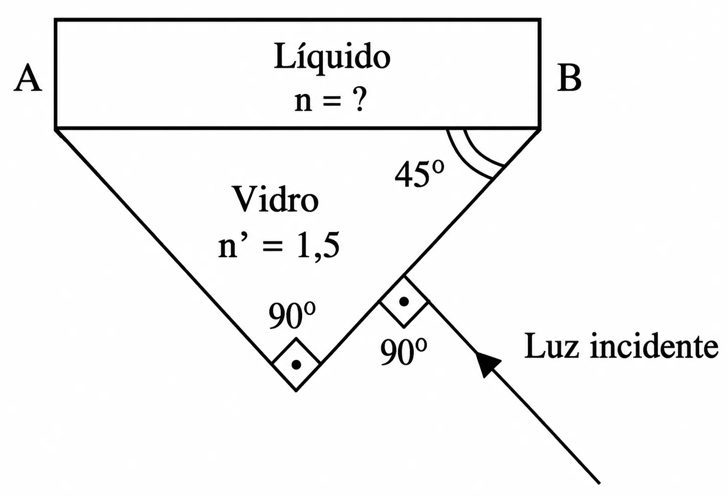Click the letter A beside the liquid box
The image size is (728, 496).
28,78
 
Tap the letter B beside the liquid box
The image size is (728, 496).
569,78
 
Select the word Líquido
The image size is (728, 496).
332,57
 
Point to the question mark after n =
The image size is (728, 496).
360,99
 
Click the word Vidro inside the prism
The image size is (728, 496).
276,199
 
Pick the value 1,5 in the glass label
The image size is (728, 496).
318,245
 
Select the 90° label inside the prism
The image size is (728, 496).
292,315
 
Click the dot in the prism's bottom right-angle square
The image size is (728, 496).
296,365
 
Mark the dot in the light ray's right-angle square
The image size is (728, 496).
404,301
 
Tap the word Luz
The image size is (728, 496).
552,346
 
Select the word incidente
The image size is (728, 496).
654,346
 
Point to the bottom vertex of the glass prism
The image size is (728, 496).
296,391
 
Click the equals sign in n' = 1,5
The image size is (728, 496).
273,247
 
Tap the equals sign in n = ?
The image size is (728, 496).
332,102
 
